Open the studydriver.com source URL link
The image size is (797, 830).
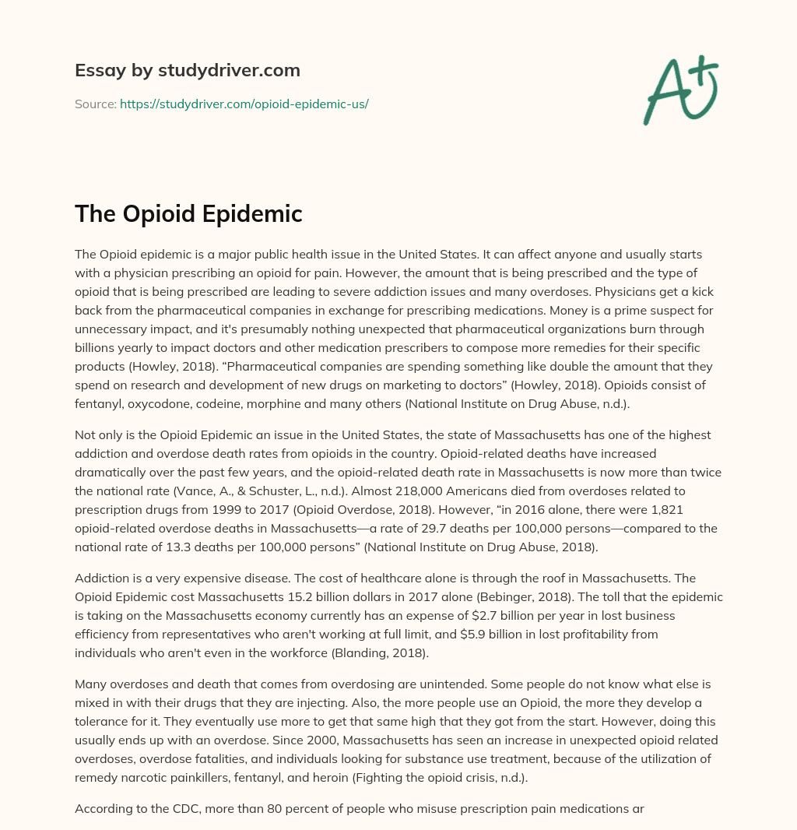[x=244, y=104]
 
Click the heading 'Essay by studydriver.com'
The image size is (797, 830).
[x=187, y=70]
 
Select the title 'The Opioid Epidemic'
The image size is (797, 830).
[x=188, y=214]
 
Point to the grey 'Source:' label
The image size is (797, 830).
[x=95, y=104]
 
